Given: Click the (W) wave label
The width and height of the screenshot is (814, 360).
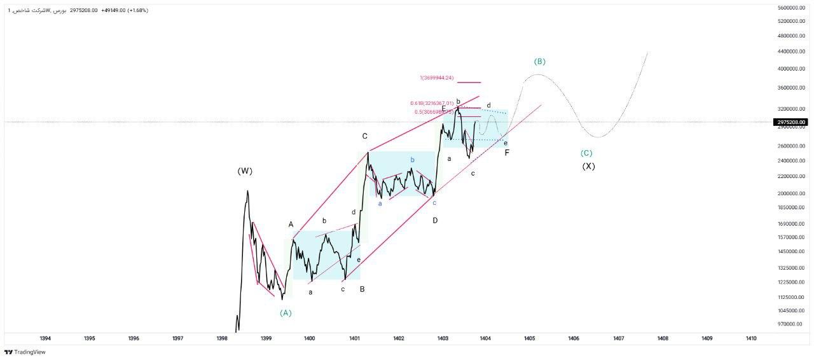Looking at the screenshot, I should click(245, 171).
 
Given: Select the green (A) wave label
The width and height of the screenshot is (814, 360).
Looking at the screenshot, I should click(286, 313).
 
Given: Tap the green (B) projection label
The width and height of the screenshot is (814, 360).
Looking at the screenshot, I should click(539, 62).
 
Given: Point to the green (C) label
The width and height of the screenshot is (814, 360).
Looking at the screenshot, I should click(586, 153).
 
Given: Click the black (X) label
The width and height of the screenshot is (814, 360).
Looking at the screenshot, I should click(588, 167).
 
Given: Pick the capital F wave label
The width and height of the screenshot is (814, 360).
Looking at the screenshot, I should click(507, 153).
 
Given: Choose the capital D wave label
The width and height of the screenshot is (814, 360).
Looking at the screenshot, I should click(435, 220).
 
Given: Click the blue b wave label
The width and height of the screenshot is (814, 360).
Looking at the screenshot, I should click(412, 160).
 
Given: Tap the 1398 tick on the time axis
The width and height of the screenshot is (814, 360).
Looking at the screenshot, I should click(222, 338).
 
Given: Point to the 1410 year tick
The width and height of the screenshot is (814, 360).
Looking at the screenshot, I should click(750, 338).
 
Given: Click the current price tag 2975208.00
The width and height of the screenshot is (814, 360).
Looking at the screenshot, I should click(791, 122).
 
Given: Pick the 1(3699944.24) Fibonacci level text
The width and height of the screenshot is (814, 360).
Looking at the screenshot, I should click(436, 78).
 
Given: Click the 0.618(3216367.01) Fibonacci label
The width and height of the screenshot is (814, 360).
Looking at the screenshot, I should click(432, 103).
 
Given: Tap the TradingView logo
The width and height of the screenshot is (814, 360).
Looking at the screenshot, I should click(25, 352).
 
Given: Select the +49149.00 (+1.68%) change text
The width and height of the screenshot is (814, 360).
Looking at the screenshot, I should click(125, 10).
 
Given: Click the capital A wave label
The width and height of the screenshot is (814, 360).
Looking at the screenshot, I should click(291, 225).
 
